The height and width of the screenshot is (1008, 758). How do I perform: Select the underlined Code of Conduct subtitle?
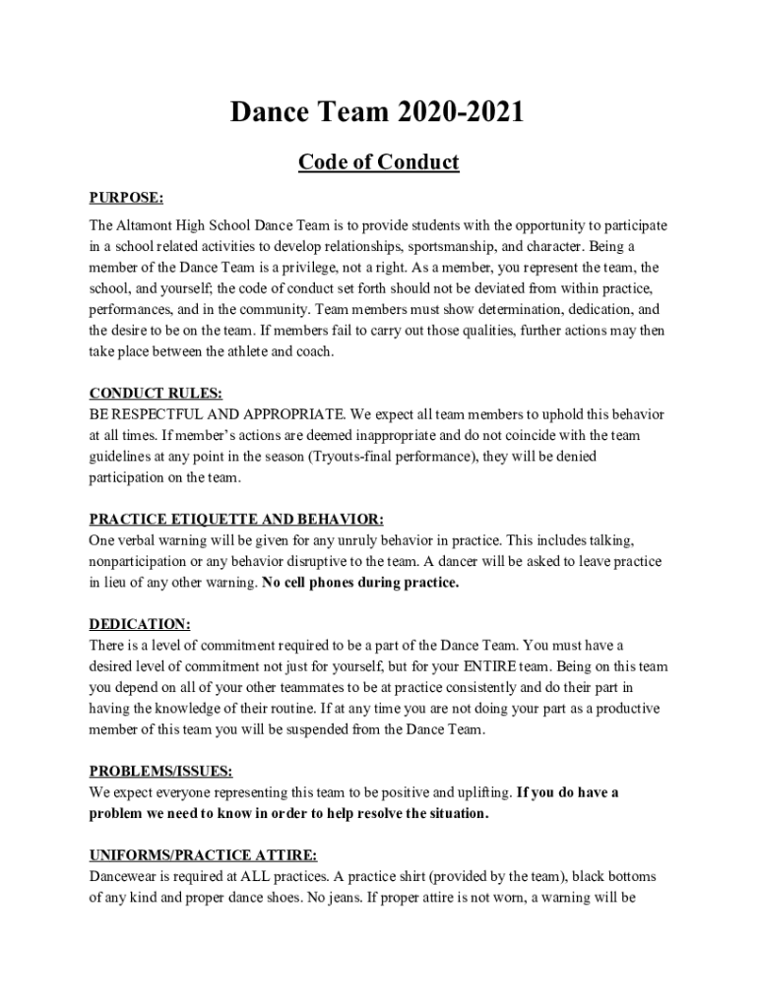point(378,161)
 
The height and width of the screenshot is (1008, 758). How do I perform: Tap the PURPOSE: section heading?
point(126,197)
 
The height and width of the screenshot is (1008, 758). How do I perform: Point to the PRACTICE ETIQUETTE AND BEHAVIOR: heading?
point(236,519)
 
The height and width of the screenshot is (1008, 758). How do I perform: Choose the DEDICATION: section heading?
point(140,624)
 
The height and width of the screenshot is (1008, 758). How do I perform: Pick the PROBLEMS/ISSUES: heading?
point(161,771)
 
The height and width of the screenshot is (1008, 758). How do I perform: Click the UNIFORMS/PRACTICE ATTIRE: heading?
point(204,855)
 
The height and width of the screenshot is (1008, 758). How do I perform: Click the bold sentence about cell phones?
point(360,583)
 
